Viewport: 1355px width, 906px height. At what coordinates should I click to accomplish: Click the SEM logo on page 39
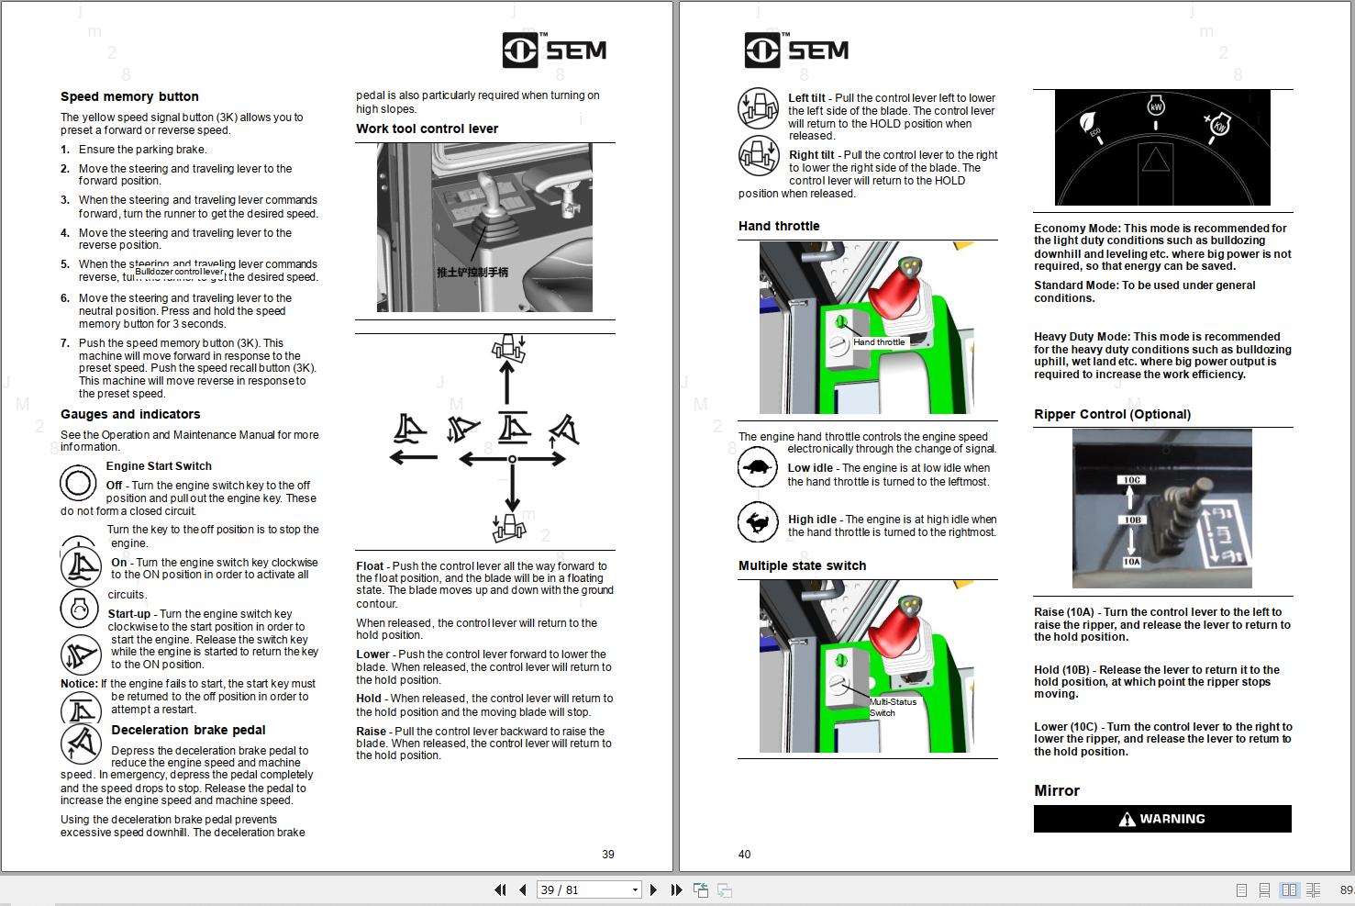click(554, 50)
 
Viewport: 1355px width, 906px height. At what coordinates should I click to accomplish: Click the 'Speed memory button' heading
click(129, 96)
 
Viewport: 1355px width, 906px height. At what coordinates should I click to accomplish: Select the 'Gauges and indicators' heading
click(130, 414)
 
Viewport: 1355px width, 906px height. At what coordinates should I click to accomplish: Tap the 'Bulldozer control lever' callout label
click(179, 272)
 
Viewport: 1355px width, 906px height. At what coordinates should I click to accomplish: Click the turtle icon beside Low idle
click(758, 468)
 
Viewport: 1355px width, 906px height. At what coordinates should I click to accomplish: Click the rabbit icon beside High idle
click(758, 523)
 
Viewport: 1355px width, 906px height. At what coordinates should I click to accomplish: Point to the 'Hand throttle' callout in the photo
click(879, 342)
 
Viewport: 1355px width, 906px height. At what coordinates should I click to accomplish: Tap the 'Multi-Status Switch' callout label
click(892, 707)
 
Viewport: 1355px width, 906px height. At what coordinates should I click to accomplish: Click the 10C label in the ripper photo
click(1131, 480)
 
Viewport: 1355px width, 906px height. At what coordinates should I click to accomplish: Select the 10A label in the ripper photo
click(1131, 562)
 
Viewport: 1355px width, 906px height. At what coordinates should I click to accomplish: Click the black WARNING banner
click(1162, 819)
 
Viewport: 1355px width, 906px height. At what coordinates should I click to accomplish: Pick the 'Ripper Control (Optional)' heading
click(1112, 414)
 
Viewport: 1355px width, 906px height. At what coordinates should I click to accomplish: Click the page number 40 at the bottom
click(744, 855)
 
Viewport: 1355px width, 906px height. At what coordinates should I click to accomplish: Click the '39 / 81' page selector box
click(588, 889)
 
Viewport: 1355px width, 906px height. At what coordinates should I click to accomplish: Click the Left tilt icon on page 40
click(758, 108)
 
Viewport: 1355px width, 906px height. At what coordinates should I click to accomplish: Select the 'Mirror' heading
click(1057, 790)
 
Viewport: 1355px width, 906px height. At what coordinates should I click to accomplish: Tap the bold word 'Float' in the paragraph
click(370, 566)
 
